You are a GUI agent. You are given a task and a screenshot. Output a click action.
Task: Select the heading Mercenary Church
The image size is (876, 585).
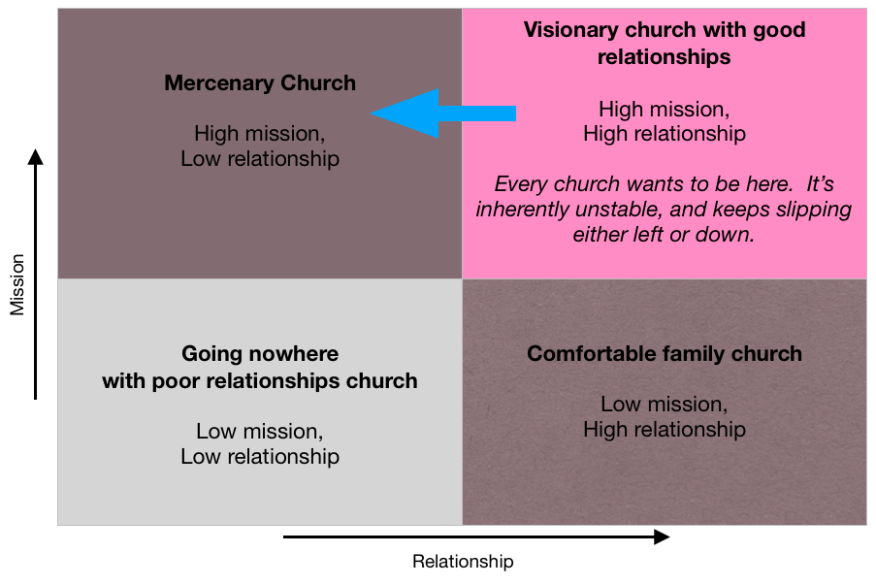pyautogui.click(x=260, y=83)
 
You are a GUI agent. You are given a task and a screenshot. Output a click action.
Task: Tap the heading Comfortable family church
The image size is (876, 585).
pyautogui.click(x=665, y=353)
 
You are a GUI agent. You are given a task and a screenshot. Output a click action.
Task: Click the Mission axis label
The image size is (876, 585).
pyautogui.click(x=17, y=285)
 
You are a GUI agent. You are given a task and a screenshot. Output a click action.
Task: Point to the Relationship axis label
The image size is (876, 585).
pyautogui.click(x=463, y=562)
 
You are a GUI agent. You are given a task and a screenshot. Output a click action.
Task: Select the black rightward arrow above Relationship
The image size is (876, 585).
pyautogui.click(x=475, y=536)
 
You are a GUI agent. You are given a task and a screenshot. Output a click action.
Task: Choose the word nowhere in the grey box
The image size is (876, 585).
pyautogui.click(x=290, y=353)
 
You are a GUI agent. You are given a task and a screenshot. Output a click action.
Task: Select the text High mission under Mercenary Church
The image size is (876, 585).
pyautogui.click(x=260, y=134)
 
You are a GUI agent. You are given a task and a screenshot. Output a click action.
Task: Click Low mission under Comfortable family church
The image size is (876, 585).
pyautogui.click(x=664, y=404)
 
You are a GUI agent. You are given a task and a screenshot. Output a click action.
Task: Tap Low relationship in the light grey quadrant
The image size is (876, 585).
pyautogui.click(x=260, y=456)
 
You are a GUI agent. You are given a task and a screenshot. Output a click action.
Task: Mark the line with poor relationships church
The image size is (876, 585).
pyautogui.click(x=260, y=380)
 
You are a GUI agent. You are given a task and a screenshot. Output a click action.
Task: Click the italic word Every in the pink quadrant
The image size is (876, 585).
pyautogui.click(x=521, y=184)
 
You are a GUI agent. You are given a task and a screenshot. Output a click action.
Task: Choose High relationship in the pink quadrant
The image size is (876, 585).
pyautogui.click(x=665, y=135)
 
